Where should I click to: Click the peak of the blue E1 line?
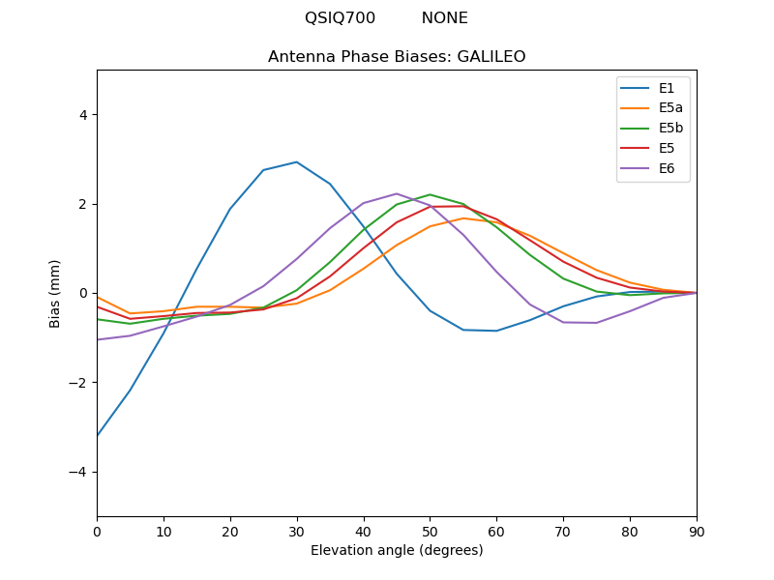coord(296,162)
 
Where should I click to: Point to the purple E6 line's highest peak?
coord(397,193)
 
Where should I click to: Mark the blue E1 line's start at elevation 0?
coord(98,435)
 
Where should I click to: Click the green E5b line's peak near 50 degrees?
coord(430,194)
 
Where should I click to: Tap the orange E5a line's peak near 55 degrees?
coord(463,218)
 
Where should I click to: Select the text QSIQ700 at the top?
coord(334,18)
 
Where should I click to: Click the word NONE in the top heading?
coord(444,18)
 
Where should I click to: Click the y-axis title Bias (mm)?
coord(55,293)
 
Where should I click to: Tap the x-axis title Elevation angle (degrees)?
coord(397,550)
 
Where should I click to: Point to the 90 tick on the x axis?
coord(696,531)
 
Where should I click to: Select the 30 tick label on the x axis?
coord(296,531)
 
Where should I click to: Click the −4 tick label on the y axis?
coord(79,472)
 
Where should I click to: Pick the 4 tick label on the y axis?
coord(82,115)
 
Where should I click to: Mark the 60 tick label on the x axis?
coord(496,531)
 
